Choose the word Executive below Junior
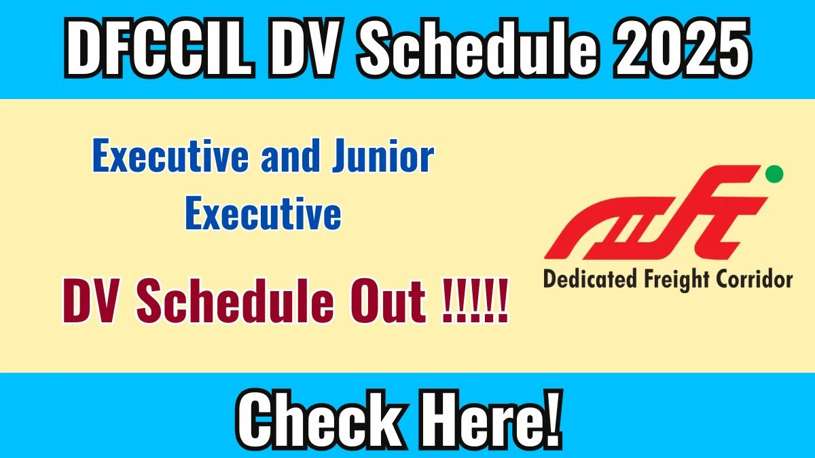tap(263, 214)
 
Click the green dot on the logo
tap(774, 174)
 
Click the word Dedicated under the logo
tap(586, 279)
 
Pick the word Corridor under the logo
tap(754, 279)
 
